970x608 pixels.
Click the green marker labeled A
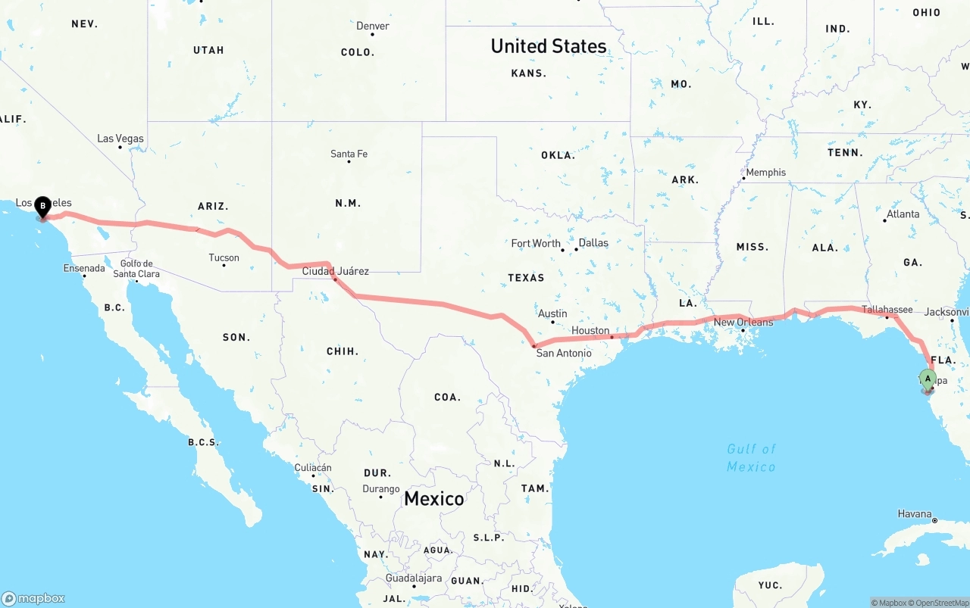point(928,379)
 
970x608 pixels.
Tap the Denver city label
point(373,26)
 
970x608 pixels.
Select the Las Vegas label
point(120,139)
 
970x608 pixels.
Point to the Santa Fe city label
point(349,154)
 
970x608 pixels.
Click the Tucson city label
point(224,257)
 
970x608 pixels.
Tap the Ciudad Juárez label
point(336,270)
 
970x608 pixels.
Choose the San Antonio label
point(564,353)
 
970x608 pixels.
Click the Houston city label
point(590,330)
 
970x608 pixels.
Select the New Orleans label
point(743,322)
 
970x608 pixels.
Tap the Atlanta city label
point(903,214)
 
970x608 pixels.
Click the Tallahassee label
point(887,309)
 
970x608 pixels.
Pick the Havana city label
point(915,513)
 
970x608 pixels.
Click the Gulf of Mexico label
point(751,457)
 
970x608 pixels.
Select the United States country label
point(549,46)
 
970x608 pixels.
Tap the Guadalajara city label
point(413,578)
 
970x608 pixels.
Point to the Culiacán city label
point(312,468)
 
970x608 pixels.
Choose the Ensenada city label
point(84,268)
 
